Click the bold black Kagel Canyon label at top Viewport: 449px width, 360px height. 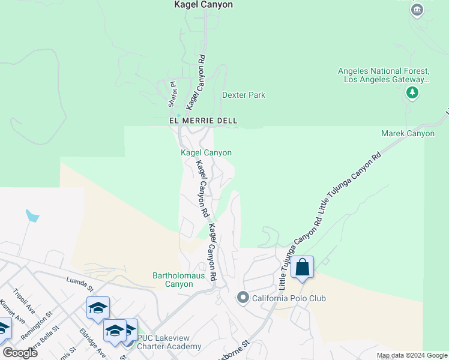click(x=203, y=5)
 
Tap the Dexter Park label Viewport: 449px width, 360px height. click(x=243, y=95)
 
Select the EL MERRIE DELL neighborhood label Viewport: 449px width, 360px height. click(x=203, y=121)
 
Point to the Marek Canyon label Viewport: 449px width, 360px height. click(x=408, y=133)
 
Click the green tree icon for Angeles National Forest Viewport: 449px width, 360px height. click(x=412, y=92)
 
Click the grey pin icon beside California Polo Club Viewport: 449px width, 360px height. click(x=243, y=298)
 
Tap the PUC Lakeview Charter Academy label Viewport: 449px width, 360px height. click(x=169, y=343)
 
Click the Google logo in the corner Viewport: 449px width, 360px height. click(x=19, y=353)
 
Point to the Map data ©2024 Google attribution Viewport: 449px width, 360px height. click(x=411, y=356)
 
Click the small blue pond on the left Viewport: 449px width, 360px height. click(x=32, y=216)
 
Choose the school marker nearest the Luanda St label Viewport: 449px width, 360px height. click(x=98, y=309)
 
